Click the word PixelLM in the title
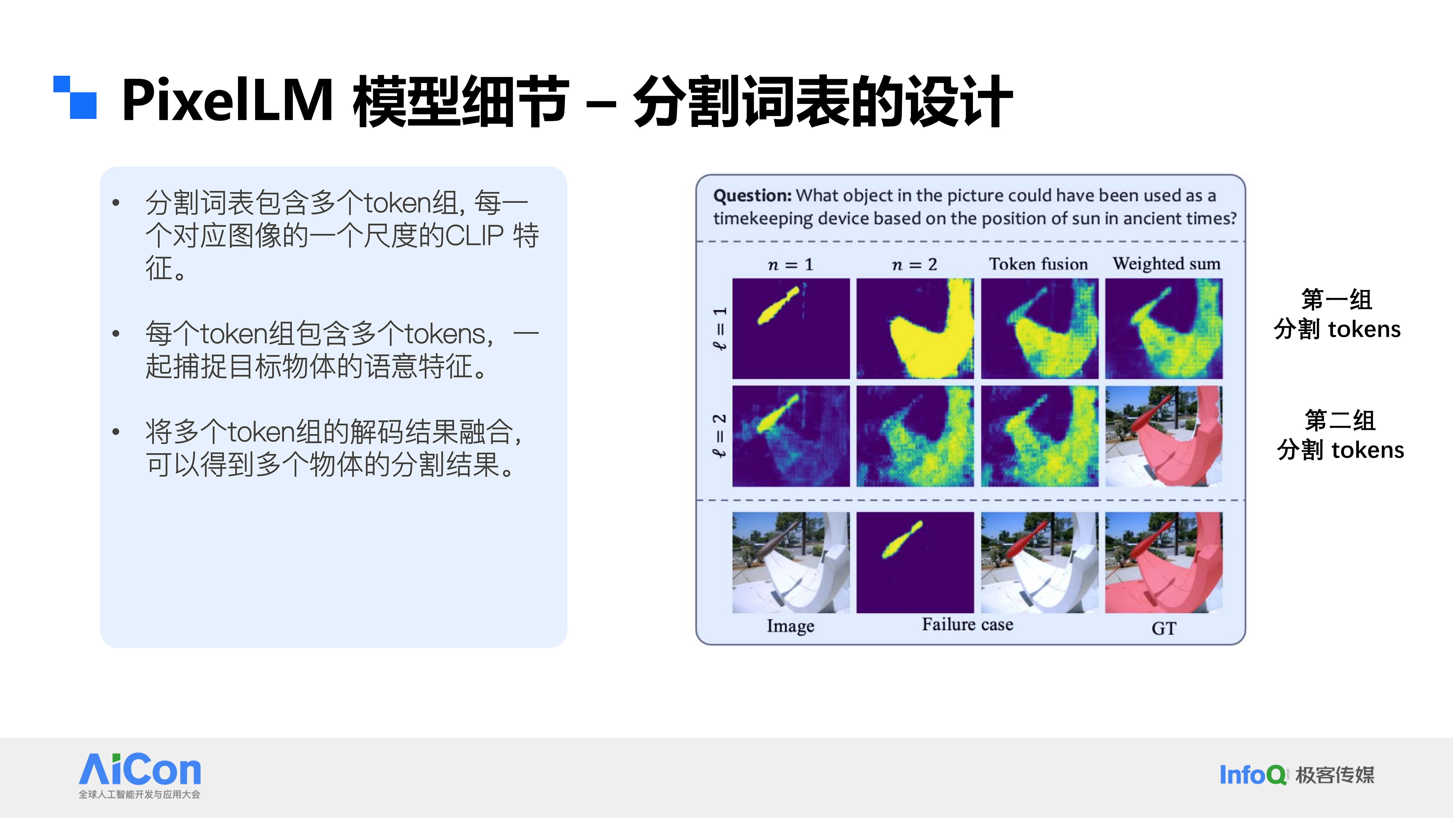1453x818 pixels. click(227, 100)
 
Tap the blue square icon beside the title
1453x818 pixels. click(75, 97)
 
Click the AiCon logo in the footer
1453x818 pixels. click(140, 775)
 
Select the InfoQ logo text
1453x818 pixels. click(1253, 775)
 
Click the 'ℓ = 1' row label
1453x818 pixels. click(719, 328)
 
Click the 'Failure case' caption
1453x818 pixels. click(967, 624)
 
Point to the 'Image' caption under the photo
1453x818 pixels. click(790, 626)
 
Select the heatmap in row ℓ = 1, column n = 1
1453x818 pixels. click(791, 328)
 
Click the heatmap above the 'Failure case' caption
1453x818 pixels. click(915, 562)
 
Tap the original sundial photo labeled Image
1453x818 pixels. click(791, 562)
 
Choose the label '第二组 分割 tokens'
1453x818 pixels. click(1340, 435)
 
